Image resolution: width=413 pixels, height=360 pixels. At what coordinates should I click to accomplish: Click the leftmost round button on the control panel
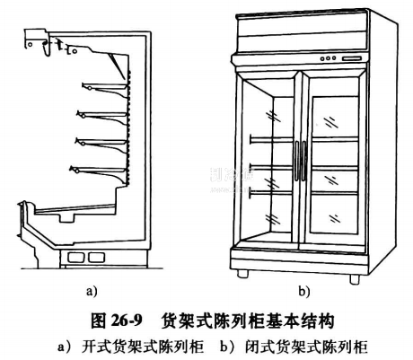[322, 59]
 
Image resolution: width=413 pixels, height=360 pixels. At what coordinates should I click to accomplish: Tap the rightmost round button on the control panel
[334, 58]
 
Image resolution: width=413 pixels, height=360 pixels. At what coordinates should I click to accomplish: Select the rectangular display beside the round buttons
[352, 58]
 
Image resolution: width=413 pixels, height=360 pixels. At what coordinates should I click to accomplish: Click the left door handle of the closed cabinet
[296, 161]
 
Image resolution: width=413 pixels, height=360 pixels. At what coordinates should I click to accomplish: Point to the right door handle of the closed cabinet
[303, 161]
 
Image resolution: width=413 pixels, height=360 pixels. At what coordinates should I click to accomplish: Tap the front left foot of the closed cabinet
[242, 274]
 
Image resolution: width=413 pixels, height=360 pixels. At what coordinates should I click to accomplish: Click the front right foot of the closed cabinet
[355, 279]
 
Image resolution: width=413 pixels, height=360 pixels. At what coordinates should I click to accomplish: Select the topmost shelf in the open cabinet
[106, 89]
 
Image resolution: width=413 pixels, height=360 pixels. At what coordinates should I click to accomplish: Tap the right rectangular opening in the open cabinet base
[96, 258]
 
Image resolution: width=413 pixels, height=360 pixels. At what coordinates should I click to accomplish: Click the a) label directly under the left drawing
[92, 291]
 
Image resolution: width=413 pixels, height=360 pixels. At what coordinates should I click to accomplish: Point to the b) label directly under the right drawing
[304, 291]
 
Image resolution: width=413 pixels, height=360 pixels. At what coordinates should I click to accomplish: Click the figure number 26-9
[126, 321]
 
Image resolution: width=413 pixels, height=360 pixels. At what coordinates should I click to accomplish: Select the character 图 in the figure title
[98, 321]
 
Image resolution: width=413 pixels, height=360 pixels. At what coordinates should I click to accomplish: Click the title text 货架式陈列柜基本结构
[248, 321]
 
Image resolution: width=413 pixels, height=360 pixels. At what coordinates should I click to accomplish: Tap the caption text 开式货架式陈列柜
[143, 347]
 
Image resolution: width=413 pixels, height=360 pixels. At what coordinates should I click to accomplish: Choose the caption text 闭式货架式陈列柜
[306, 347]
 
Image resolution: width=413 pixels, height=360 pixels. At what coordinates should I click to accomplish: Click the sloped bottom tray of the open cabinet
[75, 209]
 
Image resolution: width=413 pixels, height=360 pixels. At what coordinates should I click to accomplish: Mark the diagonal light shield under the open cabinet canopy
[118, 66]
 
